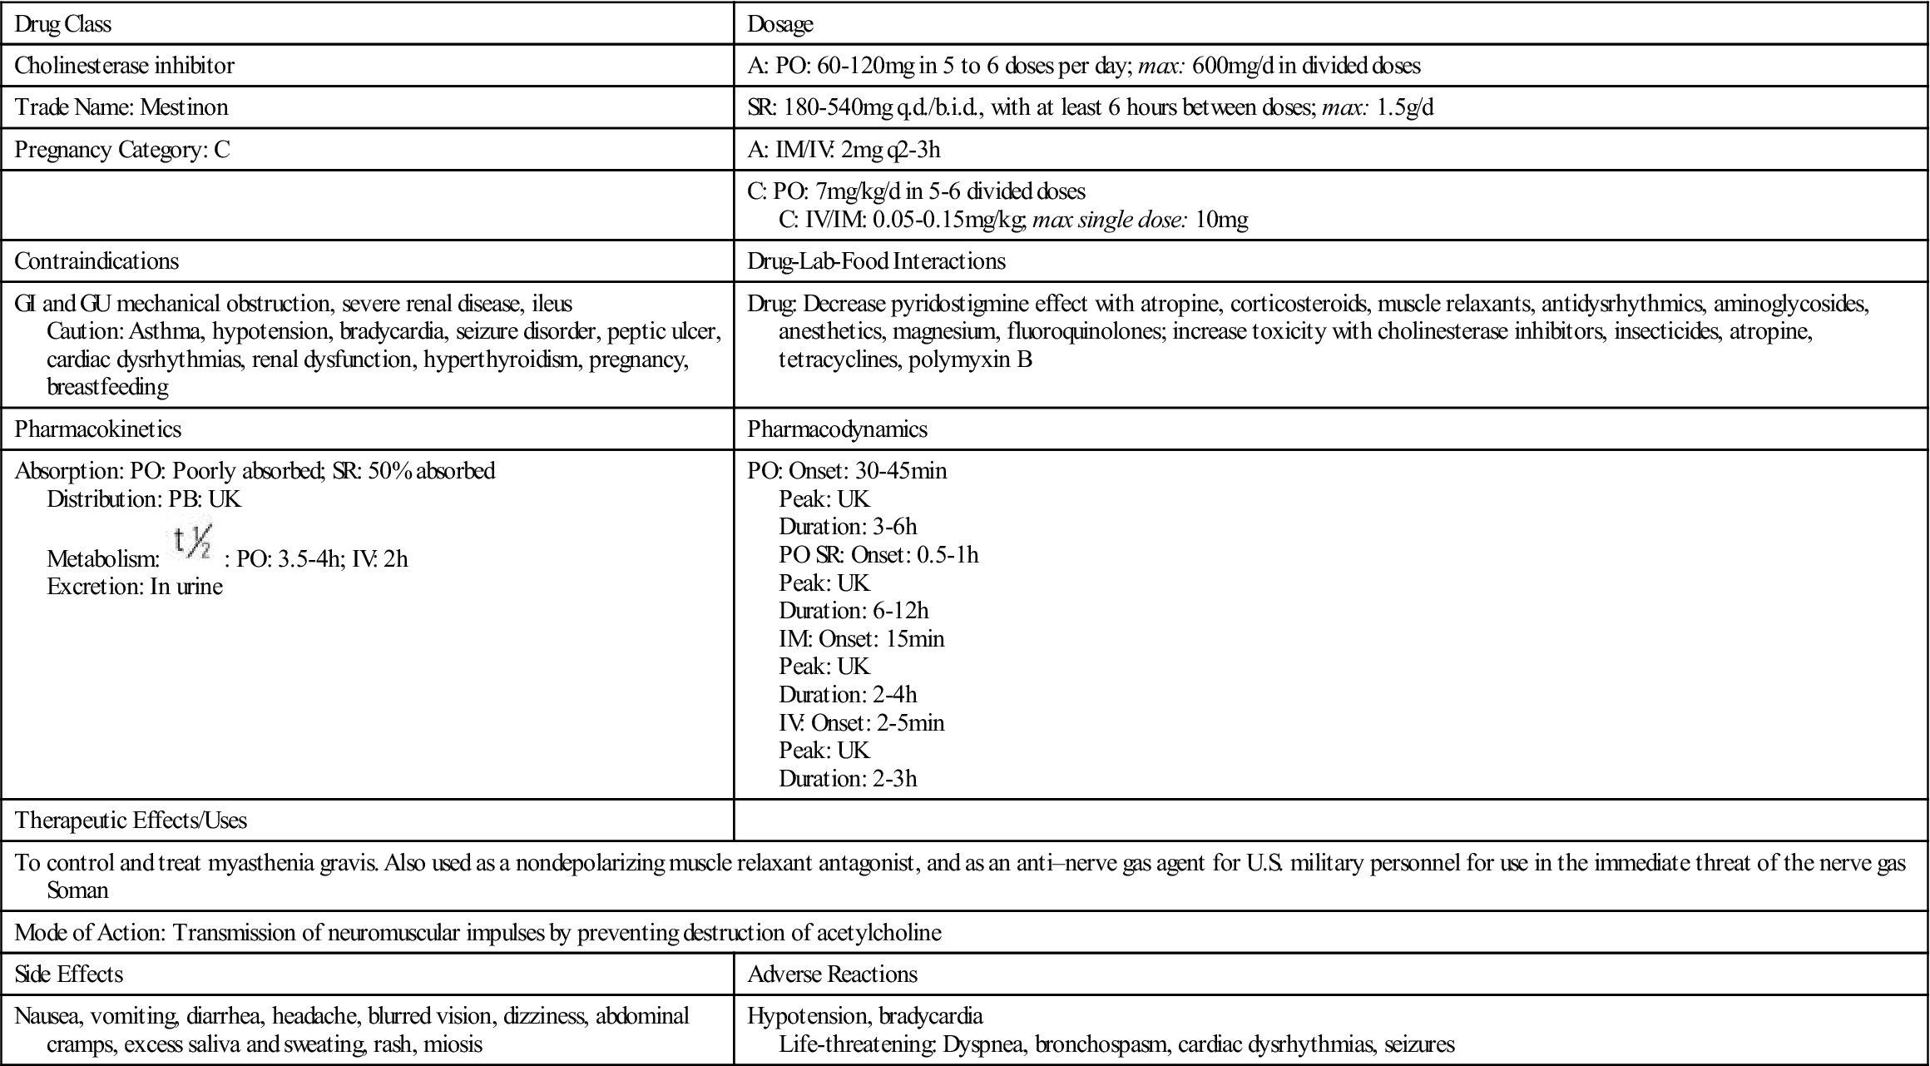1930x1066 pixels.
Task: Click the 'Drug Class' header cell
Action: [63, 24]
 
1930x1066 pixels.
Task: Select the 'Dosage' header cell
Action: [779, 24]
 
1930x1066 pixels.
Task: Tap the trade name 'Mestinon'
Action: [184, 107]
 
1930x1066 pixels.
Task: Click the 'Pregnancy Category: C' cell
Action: [122, 150]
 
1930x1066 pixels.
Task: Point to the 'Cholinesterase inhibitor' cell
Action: [125, 66]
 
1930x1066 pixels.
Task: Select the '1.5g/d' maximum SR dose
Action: [1405, 107]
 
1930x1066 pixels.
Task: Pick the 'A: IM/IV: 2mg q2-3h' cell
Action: [844, 150]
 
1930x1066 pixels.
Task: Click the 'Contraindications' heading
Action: [96, 261]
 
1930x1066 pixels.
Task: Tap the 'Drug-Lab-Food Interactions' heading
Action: [876, 261]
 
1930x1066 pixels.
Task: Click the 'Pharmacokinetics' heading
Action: [98, 429]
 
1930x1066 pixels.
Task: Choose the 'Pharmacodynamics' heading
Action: [837, 429]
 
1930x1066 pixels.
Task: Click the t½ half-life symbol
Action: [192, 542]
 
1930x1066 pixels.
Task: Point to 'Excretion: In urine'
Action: [135, 587]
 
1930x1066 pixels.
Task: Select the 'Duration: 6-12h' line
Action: [854, 611]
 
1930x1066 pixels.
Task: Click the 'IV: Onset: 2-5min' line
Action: [861, 722]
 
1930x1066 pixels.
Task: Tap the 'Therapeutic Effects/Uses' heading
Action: [131, 821]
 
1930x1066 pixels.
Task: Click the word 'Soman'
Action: [77, 890]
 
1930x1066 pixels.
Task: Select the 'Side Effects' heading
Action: [69, 974]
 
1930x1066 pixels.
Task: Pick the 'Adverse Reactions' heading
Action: [832, 974]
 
